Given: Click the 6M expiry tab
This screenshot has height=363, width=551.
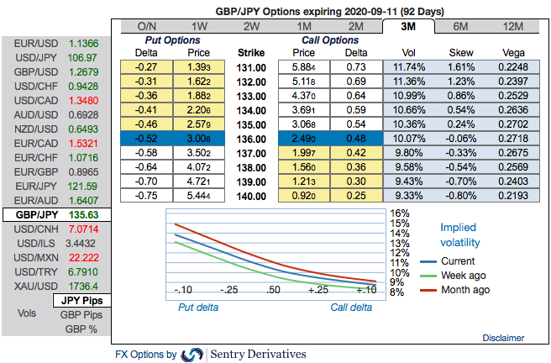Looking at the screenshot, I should tap(460, 26).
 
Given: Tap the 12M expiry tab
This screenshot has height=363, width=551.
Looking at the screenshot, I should tap(511, 26).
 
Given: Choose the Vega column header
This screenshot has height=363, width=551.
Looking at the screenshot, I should tap(512, 52).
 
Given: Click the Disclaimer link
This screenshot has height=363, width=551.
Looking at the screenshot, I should tap(504, 338).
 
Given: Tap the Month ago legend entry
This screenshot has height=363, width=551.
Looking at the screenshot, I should tap(465, 290).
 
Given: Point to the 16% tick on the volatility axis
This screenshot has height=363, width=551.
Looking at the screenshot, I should tap(399, 213).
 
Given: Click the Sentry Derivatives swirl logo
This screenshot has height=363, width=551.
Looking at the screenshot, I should tap(192, 354).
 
